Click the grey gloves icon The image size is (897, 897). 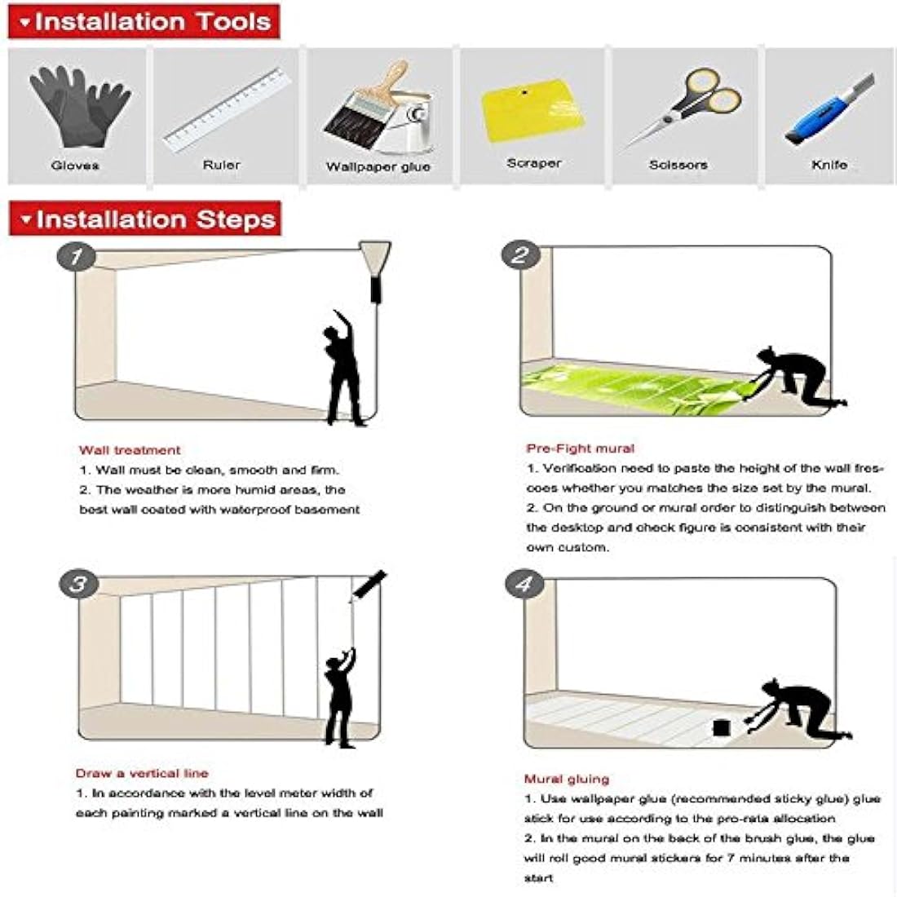(x=78, y=106)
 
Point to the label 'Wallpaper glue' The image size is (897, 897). (x=378, y=166)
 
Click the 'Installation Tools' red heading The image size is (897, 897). (x=144, y=22)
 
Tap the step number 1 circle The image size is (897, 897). (x=77, y=257)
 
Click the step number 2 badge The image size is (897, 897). (x=520, y=255)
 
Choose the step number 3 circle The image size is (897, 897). (x=78, y=584)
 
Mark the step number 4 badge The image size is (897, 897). (x=524, y=585)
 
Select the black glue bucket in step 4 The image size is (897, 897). (x=721, y=727)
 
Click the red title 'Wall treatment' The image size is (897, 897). (x=130, y=450)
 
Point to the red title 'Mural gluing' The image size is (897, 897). (x=567, y=779)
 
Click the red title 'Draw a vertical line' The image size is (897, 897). (x=142, y=773)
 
